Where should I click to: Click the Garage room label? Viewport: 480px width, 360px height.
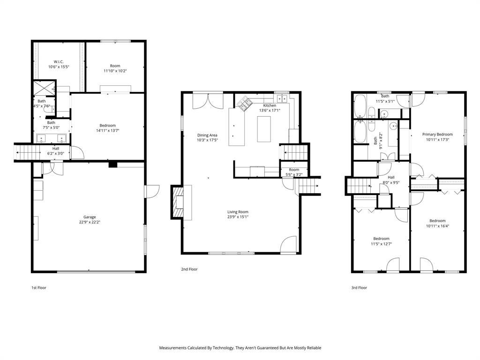click(90, 217)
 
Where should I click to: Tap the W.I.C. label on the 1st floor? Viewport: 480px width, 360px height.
click(59, 61)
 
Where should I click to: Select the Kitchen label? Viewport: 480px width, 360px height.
click(270, 105)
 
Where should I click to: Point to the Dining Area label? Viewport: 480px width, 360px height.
click(207, 135)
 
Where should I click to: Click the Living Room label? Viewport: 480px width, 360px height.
click(238, 212)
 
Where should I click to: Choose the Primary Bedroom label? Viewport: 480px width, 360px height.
click(437, 135)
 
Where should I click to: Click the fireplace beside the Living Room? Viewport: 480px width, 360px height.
click(178, 202)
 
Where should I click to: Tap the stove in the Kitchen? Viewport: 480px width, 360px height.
click(244, 103)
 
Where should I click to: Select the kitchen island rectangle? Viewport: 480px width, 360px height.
click(264, 129)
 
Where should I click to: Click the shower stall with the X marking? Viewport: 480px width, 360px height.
click(45, 88)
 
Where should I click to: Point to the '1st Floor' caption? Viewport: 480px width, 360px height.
click(39, 288)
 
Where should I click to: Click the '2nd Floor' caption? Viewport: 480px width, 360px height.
click(189, 270)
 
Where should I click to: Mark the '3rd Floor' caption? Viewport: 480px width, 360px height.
click(359, 288)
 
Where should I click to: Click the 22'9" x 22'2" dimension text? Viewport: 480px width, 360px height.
click(90, 222)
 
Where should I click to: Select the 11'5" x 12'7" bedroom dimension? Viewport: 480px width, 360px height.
click(381, 244)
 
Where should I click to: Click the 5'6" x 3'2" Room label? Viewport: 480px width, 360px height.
click(294, 175)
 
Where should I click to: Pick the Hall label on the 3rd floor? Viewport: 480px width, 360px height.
click(391, 177)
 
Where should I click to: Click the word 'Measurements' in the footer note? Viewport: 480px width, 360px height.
click(172, 348)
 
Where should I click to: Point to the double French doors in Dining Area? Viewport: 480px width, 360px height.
click(208, 101)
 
